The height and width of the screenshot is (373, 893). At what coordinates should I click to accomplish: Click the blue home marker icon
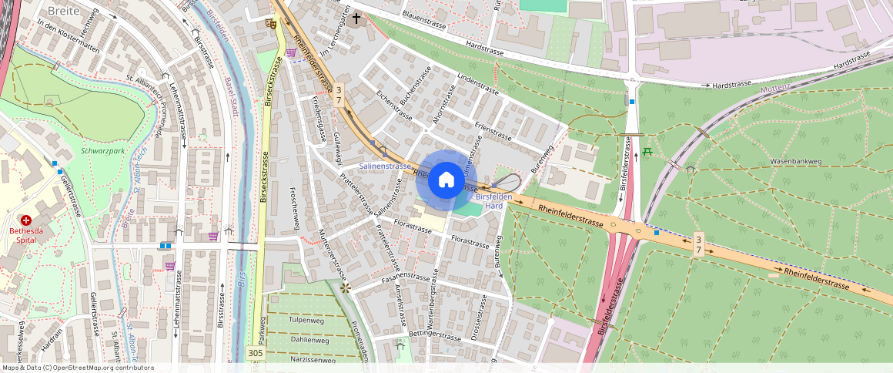pos(446,180)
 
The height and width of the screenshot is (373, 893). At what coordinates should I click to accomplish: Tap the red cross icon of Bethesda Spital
pos(26,220)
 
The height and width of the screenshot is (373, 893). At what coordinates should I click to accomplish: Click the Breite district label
pos(63,11)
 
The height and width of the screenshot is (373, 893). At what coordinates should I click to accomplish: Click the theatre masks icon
pos(271,24)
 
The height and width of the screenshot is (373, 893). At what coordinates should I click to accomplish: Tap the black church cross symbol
pos(356,17)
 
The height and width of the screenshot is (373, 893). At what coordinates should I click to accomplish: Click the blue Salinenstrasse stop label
pos(386,166)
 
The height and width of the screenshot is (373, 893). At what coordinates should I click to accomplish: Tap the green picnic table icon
pos(647,151)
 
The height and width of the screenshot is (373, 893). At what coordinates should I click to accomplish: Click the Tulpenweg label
pos(306,319)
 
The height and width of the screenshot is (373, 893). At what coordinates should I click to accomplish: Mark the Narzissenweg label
pos(313,359)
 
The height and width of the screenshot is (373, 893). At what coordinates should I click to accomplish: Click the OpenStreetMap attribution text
pos(77,368)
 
